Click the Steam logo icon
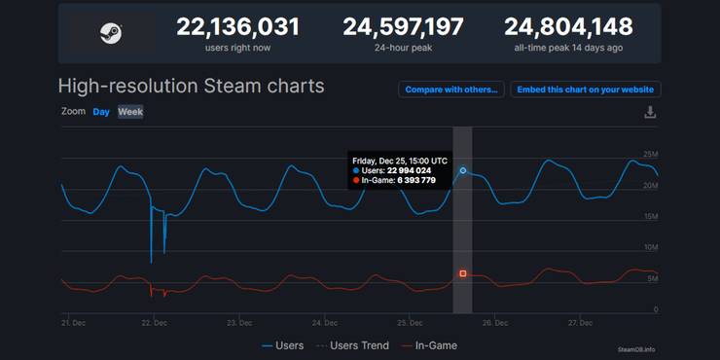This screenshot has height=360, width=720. pos(111,32)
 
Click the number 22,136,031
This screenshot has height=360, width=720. pos(237,26)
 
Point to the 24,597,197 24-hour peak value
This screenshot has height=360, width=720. pos(403,26)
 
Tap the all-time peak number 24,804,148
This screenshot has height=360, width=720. pos(568,26)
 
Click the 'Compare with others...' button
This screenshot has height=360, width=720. pos(450,90)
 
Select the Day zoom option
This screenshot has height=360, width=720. pos(101,112)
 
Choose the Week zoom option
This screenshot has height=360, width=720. pos(130,112)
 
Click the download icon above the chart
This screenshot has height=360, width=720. pos(650,113)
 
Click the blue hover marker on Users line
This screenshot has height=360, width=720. pos(463,170)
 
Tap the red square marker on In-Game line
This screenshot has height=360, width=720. pos(463,273)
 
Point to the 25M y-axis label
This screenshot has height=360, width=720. pos(651,155)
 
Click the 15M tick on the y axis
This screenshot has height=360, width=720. pos(651,217)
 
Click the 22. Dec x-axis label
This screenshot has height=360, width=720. pos(154,322)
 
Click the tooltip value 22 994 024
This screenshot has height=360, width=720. pos(409,171)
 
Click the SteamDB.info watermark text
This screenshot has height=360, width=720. pos(636,349)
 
